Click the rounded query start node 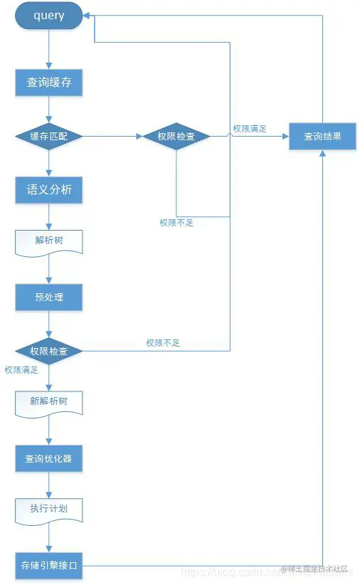48,16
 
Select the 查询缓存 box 48,83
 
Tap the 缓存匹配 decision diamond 48,136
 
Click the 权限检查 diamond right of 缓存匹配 176,136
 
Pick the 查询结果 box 322,136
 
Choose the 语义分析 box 48,191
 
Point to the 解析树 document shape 48,241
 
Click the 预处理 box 48,297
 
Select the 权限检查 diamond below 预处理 48,352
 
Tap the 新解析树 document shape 48,401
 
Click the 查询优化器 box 48,459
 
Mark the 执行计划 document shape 48,510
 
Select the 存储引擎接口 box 48,566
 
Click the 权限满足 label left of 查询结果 250,129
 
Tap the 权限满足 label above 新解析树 21,370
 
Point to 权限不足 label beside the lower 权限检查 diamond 163,343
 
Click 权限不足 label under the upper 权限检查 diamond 176,223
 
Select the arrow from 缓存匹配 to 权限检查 112,136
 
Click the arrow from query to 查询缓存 48,49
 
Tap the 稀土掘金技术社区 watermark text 314,569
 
